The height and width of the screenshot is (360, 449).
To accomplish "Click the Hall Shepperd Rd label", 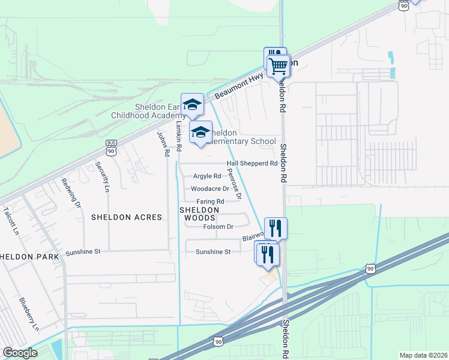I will (252, 163).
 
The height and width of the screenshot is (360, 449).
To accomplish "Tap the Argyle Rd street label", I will (207, 176).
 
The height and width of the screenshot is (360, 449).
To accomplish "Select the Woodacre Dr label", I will (210, 188).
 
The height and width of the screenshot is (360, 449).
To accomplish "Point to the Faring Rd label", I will (210, 201).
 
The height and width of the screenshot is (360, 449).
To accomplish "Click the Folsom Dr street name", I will (218, 226).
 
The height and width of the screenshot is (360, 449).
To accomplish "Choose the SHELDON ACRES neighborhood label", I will (127, 217).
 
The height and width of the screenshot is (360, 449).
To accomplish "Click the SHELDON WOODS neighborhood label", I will (199, 214).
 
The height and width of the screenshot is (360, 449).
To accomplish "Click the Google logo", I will (20, 352).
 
